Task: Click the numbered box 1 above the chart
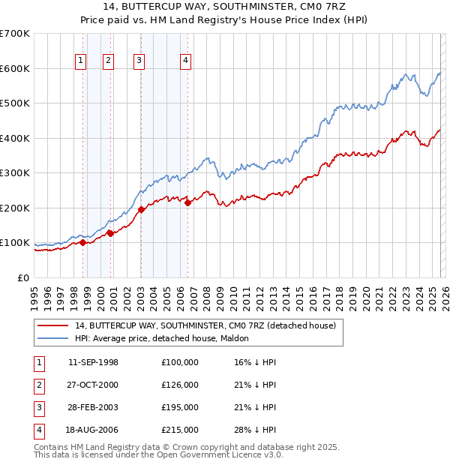tap(80, 61)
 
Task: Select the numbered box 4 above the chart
tap(185, 61)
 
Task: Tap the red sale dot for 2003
tap(141, 210)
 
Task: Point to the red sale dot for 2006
tap(187, 202)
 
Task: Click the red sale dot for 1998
tap(82, 242)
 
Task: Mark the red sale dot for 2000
tap(110, 233)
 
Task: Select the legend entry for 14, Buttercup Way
tap(209, 325)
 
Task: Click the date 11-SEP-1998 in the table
tap(93, 362)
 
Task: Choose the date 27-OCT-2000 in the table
tap(93, 385)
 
